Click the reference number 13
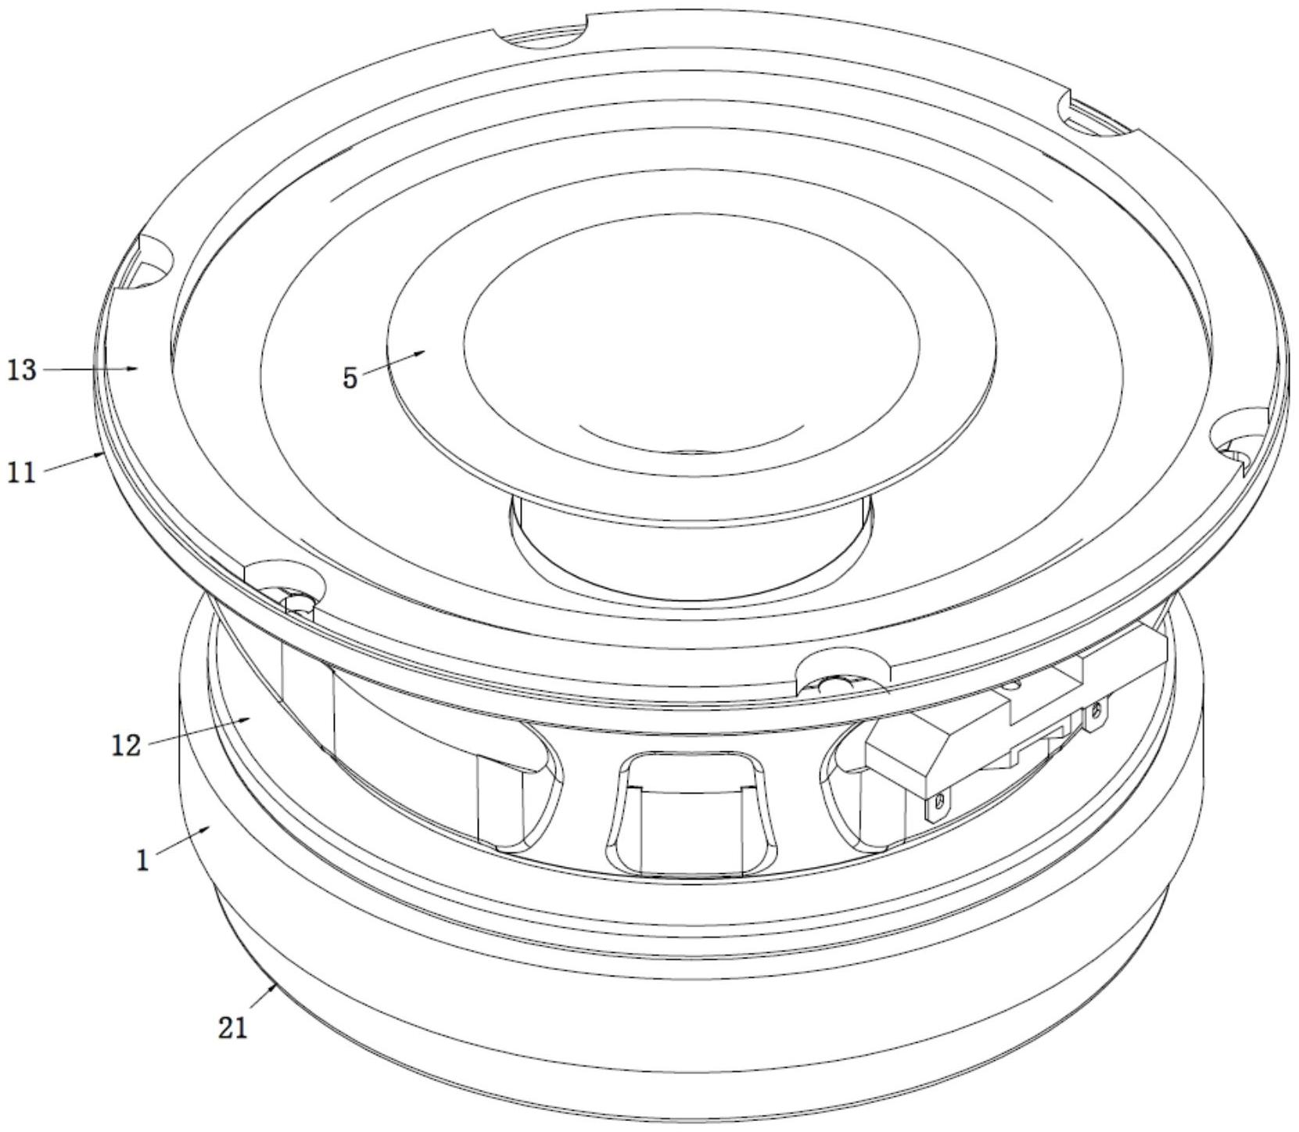[x=22, y=369]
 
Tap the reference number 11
[x=22, y=472]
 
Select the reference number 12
[x=126, y=746]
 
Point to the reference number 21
[x=232, y=1028]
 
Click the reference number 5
[x=350, y=378]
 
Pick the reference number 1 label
[x=142, y=861]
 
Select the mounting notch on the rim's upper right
[x=1095, y=116]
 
